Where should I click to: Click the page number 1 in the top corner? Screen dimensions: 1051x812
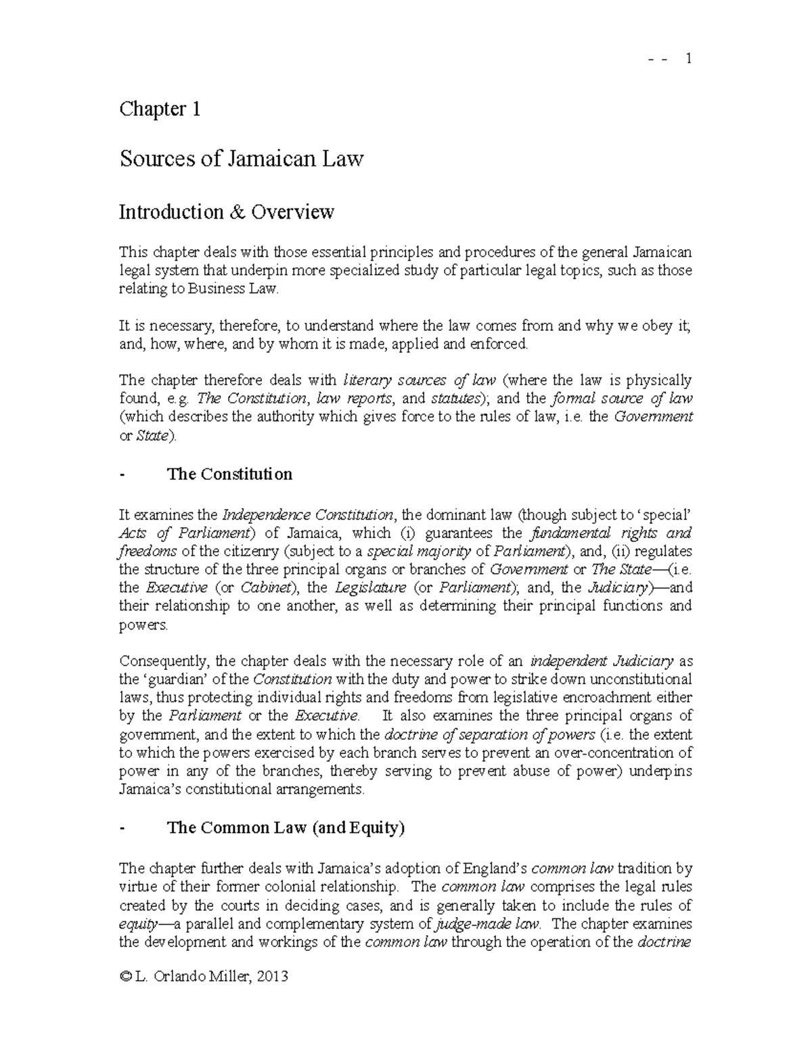pyautogui.click(x=688, y=59)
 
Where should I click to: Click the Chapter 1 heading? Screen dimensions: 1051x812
pyautogui.click(x=160, y=109)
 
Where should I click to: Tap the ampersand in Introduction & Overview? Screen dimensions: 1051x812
pyautogui.click(x=237, y=212)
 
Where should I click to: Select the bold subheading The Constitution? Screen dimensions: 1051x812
pyautogui.click(x=229, y=474)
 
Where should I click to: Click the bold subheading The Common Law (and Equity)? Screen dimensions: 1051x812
pyautogui.click(x=286, y=828)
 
